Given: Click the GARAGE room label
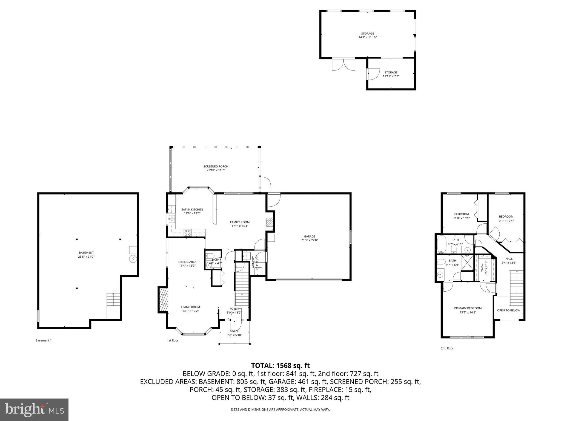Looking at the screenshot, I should coord(310,236).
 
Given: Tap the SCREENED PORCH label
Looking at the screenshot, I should coord(216,166).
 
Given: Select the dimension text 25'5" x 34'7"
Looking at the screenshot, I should coord(86,257).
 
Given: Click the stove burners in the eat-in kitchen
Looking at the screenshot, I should coord(188,233).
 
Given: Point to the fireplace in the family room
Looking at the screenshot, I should coord(270,222).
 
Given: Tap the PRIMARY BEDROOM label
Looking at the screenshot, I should coord(468,308).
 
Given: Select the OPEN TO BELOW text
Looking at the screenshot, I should coord(508,311).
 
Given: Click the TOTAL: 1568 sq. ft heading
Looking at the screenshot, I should coord(280,365).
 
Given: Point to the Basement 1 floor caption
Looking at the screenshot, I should coord(43,340).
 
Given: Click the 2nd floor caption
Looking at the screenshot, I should coord(447,348).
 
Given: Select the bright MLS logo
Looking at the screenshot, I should coord(34,409).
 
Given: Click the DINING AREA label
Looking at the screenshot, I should coord(187,262).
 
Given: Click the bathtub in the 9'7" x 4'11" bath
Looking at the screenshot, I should coord(441,244).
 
